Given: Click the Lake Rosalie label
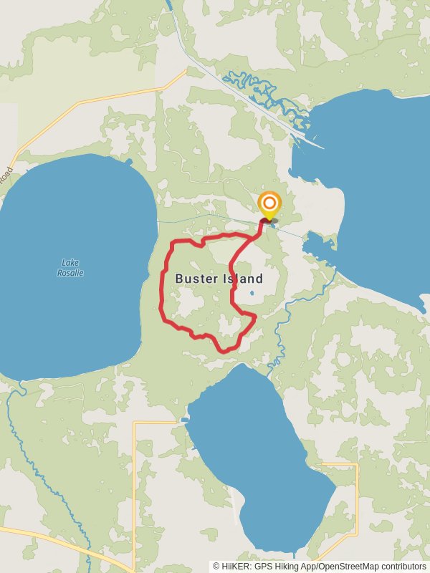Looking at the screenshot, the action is click(70, 267).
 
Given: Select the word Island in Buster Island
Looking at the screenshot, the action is click(242, 279).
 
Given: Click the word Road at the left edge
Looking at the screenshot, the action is click(6, 174).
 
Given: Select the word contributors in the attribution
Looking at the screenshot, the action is click(401, 566).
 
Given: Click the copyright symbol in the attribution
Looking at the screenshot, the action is click(216, 566).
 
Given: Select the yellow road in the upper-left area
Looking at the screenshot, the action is click(107, 100).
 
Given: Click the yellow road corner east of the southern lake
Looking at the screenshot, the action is click(356, 466).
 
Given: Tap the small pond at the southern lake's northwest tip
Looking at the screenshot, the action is click(185, 420).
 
